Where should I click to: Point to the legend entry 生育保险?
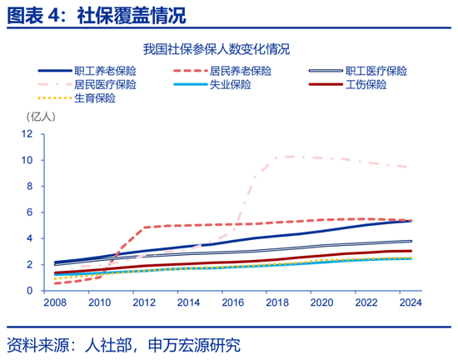click(x=93, y=98)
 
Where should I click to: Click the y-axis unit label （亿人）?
click(x=43, y=117)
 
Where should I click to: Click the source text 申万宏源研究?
click(x=193, y=344)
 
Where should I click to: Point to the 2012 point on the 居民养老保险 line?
click(x=144, y=227)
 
